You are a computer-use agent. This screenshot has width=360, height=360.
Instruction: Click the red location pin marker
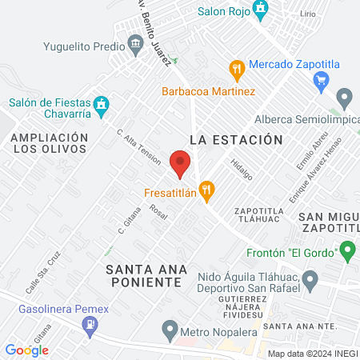180,163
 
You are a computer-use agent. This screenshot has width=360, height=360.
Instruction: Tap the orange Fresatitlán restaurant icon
207,191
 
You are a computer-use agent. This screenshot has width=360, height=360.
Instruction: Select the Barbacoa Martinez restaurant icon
235,70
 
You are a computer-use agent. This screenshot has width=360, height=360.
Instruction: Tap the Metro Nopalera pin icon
169,328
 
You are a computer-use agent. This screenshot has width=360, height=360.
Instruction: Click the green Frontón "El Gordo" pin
346,252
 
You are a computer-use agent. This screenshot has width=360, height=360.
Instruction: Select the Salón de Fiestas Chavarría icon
101,103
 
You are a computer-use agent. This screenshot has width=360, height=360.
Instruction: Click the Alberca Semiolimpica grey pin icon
345,100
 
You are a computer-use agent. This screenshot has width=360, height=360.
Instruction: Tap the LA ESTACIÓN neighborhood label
237,140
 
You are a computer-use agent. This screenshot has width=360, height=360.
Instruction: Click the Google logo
26,350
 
